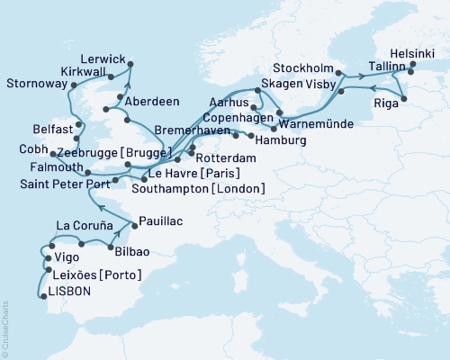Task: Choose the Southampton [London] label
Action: click(198, 189)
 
